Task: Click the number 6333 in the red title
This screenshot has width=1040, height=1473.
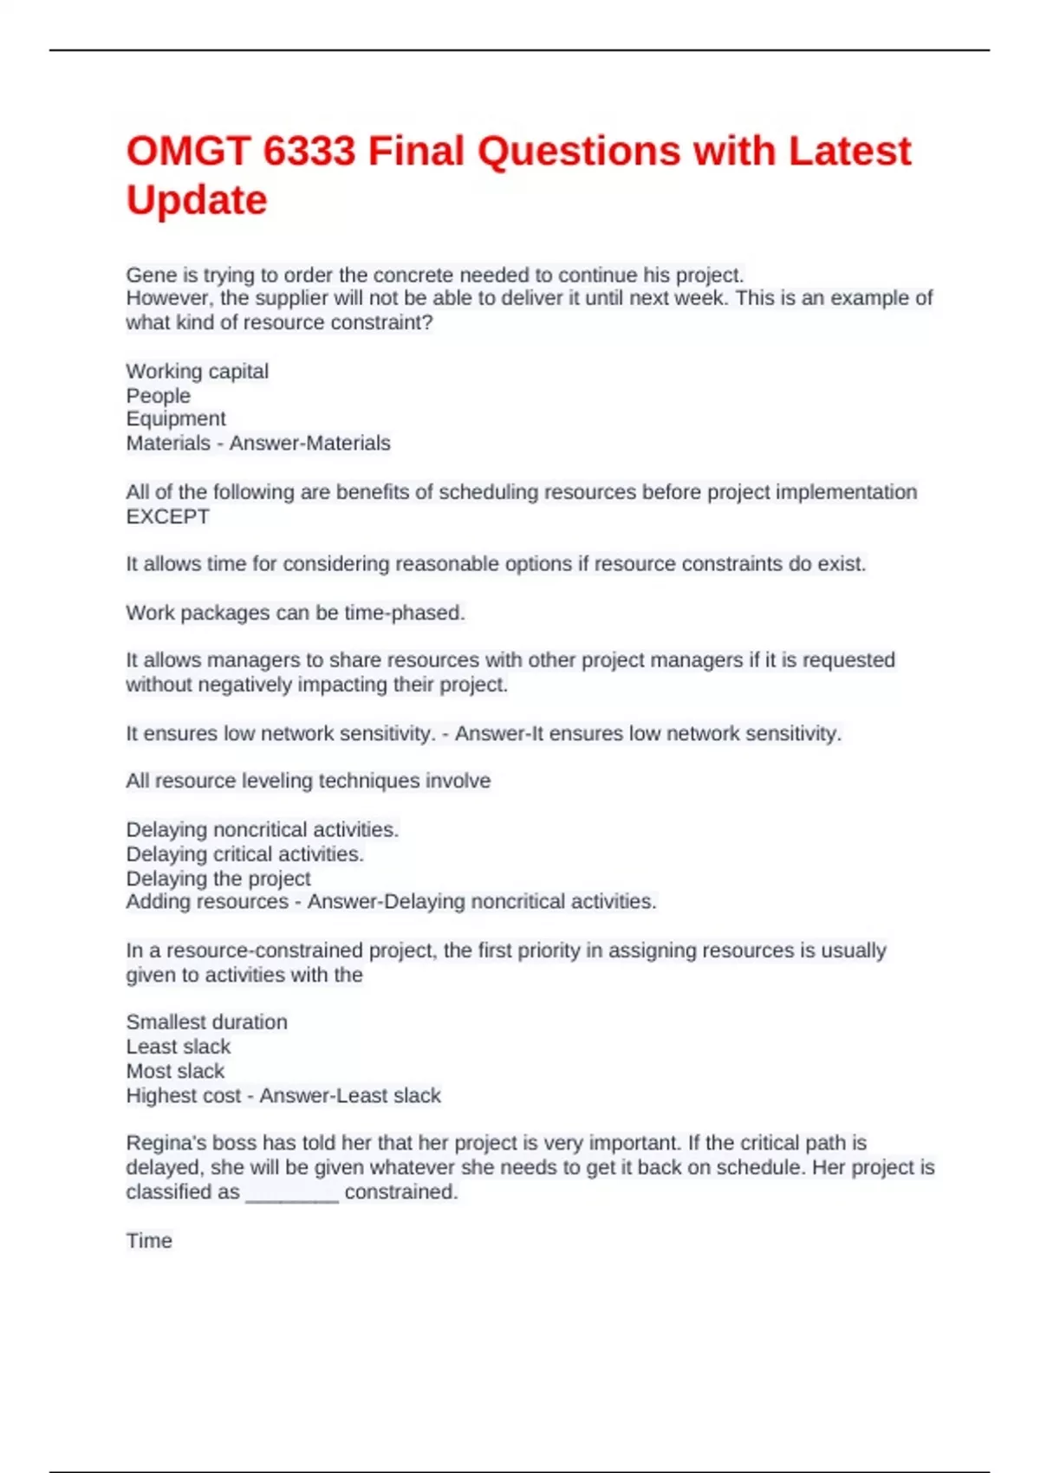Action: (309, 152)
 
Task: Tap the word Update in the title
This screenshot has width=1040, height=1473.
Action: (197, 200)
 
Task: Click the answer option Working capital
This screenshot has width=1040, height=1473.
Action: (197, 372)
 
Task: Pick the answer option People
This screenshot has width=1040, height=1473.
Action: (158, 396)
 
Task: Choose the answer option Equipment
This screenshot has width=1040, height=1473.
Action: (175, 419)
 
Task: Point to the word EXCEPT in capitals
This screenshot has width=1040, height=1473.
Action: (167, 516)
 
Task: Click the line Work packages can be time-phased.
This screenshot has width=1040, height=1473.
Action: (296, 613)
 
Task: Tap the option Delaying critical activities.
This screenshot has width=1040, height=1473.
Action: (244, 854)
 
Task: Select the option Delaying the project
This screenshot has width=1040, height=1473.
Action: (218, 879)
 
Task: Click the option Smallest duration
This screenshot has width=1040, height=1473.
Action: (206, 1022)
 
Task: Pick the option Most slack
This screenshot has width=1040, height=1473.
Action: (175, 1071)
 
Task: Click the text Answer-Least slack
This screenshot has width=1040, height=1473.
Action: (350, 1096)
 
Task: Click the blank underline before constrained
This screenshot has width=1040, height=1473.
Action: (292, 1194)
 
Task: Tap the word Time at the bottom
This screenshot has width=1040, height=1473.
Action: (149, 1241)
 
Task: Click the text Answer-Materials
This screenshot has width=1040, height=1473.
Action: (309, 444)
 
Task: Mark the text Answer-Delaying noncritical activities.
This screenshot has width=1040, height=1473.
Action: (482, 902)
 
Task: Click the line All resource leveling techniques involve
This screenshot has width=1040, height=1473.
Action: (308, 781)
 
